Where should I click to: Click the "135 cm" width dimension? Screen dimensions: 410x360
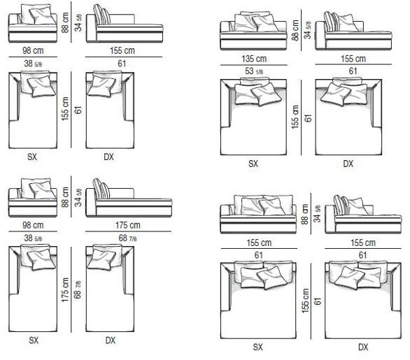point(254,59)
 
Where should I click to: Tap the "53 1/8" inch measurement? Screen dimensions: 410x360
point(254,71)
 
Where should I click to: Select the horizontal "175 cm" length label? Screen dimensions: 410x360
point(128,225)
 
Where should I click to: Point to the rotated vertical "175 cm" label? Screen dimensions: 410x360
point(65,289)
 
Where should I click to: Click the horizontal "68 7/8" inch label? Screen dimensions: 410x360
point(127,238)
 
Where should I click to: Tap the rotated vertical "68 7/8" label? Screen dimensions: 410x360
point(78,289)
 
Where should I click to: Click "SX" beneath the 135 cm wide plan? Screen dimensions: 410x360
point(253,164)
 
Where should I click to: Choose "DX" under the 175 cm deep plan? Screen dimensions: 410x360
point(110,340)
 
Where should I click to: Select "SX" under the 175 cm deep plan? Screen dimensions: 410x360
point(34,340)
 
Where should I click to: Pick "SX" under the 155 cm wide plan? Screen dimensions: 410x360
point(257,347)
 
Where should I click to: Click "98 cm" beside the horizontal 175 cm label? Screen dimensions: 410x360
point(33,225)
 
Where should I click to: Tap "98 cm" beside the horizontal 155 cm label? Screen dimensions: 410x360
point(33,50)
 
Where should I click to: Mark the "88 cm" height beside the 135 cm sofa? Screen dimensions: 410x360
point(295,30)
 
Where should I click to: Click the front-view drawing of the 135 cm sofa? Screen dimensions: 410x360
point(253,31)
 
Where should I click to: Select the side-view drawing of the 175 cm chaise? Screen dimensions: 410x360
point(129,198)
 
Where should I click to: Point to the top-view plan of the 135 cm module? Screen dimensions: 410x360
point(253,116)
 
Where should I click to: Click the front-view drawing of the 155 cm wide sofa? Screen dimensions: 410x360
point(258,214)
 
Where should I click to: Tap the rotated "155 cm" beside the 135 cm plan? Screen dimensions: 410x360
point(295,117)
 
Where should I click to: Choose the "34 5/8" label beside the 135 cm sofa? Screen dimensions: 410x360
point(308,30)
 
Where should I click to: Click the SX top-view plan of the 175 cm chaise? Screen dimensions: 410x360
point(33,288)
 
